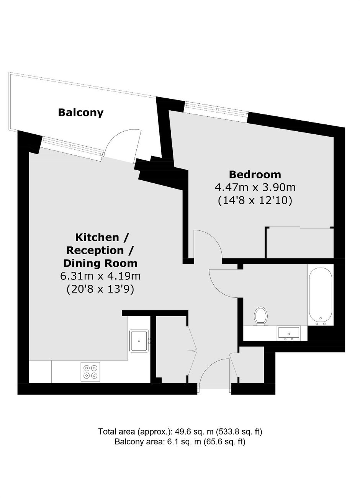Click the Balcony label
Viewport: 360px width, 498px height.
click(x=81, y=113)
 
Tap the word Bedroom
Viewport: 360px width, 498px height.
click(x=255, y=175)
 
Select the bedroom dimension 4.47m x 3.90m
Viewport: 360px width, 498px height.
click(x=255, y=188)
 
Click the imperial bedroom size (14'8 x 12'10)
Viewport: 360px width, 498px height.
click(x=255, y=201)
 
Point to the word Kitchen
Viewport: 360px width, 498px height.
click(x=98, y=237)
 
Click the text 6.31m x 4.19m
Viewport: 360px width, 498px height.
click(x=100, y=276)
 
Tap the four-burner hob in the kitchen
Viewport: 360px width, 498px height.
click(x=90, y=372)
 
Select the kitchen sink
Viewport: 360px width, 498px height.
click(x=139, y=341)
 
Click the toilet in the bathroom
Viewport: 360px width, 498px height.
click(x=261, y=316)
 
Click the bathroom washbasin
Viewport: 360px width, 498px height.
click(x=289, y=333)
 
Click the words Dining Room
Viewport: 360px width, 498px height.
click(x=100, y=263)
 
